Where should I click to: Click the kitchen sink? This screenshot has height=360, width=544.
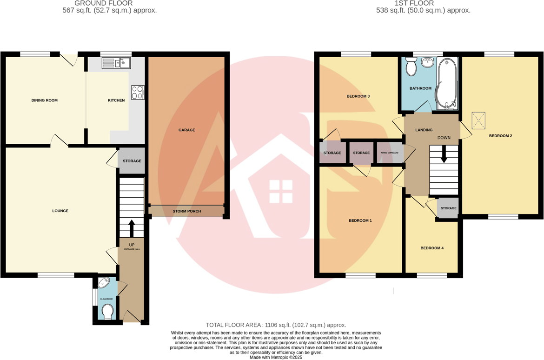116,63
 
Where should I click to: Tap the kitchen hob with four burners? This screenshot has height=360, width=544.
138,93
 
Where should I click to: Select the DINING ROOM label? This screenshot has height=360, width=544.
45,100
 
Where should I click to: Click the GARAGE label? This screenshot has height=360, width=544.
187,130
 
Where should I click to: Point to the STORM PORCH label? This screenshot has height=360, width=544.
187,211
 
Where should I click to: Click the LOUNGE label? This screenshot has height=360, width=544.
60,211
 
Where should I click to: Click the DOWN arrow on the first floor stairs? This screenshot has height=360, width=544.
444,154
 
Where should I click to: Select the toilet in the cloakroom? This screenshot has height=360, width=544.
107,312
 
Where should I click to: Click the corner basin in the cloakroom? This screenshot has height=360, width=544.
104,283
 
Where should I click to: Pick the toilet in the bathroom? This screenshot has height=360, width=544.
411,67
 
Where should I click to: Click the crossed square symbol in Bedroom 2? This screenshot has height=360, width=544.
478,120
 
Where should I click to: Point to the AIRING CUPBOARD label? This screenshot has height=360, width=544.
390,153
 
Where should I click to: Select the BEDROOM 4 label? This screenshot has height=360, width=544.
432,248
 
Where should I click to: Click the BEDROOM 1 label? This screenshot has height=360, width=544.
360,220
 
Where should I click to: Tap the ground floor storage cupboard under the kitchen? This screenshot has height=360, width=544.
132,161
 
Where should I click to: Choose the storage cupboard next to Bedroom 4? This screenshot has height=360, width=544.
448,208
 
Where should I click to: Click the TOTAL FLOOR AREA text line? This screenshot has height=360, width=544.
276,325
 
